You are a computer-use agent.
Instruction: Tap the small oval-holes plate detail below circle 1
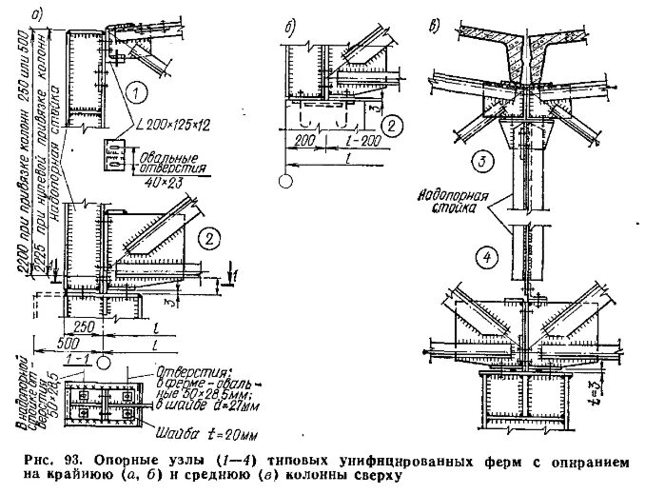click(114, 152)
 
